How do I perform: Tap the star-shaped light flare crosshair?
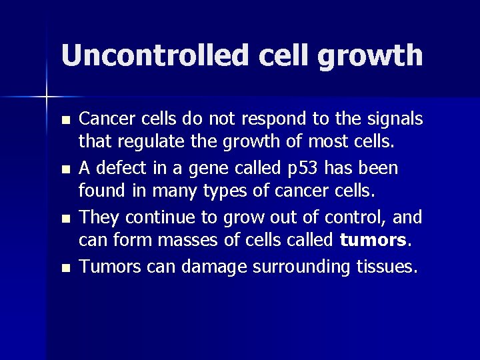[x=47, y=97]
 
